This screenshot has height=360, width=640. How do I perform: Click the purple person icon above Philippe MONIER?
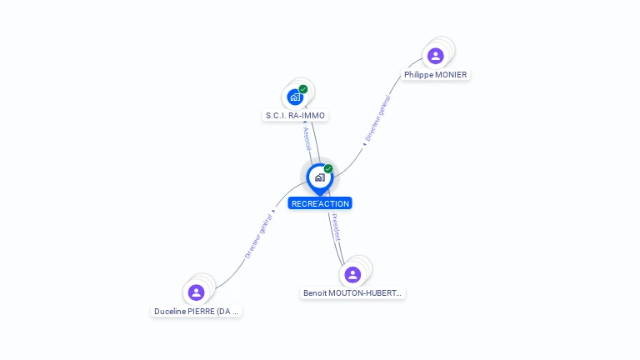point(435,56)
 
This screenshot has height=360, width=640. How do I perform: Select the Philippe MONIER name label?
point(435,75)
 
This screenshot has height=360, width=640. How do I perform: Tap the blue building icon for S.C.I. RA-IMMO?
point(295,97)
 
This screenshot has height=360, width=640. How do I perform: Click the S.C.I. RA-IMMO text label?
point(295,116)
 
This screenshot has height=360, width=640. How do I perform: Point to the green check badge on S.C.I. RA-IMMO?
point(303,89)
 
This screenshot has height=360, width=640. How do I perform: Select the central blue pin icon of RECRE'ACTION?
point(319,177)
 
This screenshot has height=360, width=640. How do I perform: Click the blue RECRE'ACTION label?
point(320,203)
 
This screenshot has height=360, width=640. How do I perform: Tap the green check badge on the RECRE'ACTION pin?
point(328,169)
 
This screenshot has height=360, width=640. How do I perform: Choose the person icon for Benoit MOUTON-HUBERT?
point(352,274)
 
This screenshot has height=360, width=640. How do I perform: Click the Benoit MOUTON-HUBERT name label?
point(352,293)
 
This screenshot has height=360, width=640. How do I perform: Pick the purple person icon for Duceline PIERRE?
point(196,292)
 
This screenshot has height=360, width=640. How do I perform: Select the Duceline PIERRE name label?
point(197,312)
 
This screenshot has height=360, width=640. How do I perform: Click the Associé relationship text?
point(307,138)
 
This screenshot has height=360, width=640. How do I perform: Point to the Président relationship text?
point(335,227)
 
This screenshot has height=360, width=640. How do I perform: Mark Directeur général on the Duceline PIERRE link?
point(259,237)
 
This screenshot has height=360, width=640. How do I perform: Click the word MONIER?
point(451,75)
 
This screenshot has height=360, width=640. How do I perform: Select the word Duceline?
point(169,312)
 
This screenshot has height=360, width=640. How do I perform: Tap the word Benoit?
point(315,293)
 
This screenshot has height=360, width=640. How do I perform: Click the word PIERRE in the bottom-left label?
point(201,312)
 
